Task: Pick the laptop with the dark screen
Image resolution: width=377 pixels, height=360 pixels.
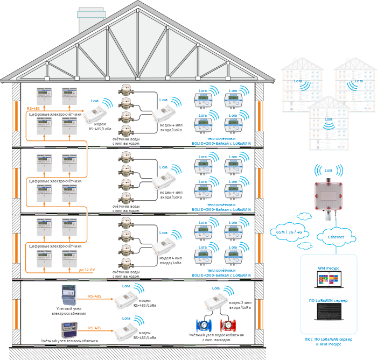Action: [329, 312]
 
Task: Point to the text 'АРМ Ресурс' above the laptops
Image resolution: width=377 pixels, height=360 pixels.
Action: [329, 267]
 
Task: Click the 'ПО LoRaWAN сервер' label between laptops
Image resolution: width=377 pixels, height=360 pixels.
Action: [329, 299]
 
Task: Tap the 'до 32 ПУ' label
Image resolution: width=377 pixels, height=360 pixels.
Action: [86, 269]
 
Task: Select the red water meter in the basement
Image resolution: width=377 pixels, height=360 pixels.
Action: [228, 326]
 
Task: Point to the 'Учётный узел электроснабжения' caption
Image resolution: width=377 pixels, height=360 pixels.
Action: [68, 311]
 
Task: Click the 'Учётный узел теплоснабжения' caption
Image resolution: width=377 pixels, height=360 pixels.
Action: [69, 341]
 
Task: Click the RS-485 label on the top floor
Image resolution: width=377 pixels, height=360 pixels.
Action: [33, 109]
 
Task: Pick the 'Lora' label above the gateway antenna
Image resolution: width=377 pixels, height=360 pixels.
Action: [329, 170]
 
